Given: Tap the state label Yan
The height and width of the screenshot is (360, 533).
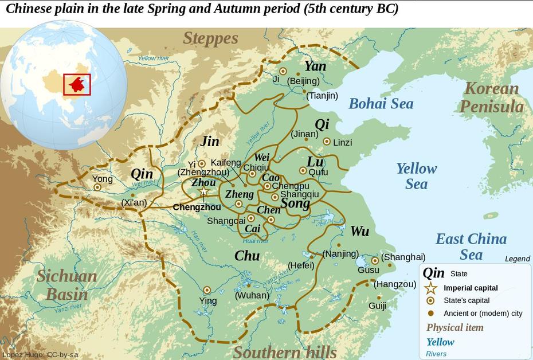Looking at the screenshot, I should [315, 66].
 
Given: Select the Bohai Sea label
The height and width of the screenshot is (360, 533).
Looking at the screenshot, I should [381, 104].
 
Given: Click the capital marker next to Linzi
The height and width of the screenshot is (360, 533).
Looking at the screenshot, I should [327, 142].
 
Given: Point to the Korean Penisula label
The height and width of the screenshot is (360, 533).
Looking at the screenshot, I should [491, 97].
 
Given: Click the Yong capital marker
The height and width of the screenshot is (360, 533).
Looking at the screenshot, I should [97, 187].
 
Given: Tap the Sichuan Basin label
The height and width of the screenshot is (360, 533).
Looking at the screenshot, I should [66, 285].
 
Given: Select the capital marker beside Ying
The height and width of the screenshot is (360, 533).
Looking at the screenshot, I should [207, 290].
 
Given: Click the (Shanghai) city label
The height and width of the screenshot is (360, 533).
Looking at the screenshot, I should [403, 257].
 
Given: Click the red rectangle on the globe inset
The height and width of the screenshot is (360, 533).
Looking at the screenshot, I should [77, 85].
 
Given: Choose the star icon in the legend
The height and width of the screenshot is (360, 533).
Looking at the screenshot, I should [430, 288].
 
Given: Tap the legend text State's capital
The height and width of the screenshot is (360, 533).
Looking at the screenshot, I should [467, 300].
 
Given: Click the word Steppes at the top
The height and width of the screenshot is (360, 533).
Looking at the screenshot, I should [210, 38].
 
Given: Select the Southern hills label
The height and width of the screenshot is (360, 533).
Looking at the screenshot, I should [285, 351].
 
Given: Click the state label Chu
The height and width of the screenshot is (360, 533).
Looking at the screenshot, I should [247, 256].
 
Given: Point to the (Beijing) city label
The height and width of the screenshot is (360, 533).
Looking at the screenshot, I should [303, 81].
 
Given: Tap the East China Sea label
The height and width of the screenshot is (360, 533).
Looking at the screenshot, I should [471, 246].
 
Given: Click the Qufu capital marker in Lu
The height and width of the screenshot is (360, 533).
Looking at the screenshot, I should [303, 170].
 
